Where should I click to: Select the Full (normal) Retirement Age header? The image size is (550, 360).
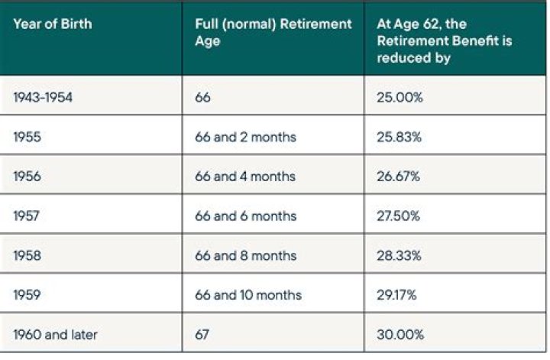click(273, 33)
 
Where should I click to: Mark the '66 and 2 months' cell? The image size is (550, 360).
click(246, 136)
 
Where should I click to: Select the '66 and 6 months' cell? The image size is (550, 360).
click(246, 216)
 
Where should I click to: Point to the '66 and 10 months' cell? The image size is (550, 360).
click(248, 294)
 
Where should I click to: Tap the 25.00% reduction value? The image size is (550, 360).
click(398, 96)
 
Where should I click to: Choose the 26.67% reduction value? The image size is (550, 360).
click(398, 176)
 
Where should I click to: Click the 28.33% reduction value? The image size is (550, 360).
click(398, 255)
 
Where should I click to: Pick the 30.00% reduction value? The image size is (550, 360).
click(398, 334)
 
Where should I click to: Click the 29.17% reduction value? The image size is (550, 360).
click(397, 294)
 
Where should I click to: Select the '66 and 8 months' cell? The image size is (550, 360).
click(246, 255)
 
